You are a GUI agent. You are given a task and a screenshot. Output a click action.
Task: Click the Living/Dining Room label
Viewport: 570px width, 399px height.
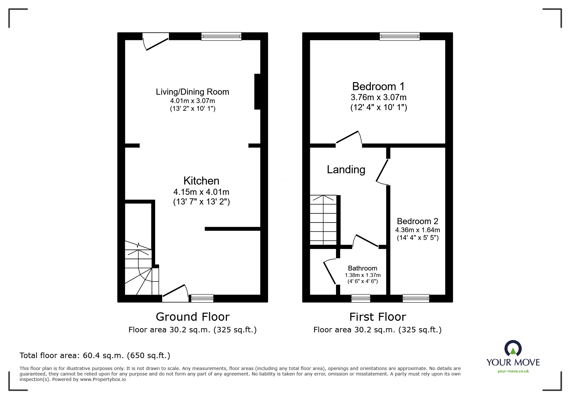tap(192, 92)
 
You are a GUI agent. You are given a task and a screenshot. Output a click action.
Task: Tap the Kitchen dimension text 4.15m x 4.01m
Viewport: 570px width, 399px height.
tap(201, 192)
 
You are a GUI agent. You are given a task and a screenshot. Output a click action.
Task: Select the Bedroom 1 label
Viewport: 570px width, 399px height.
tap(378, 86)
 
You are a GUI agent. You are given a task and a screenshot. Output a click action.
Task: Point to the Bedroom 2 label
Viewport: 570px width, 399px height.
tap(417, 221)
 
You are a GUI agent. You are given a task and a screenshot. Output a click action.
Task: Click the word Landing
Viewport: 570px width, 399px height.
tap(346, 170)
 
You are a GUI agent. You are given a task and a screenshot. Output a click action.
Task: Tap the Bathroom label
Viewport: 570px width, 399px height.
tap(362, 268)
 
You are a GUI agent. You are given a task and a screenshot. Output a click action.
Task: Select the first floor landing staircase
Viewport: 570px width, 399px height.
tap(323, 220)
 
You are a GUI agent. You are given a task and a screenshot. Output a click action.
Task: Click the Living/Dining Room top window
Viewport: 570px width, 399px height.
tap(221, 36)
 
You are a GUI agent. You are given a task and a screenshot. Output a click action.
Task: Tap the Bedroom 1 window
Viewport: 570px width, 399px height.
tap(399, 36)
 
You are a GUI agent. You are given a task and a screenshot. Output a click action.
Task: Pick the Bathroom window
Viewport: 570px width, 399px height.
tap(360, 299)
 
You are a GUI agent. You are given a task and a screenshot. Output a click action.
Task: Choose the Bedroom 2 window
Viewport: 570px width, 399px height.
tap(416, 299)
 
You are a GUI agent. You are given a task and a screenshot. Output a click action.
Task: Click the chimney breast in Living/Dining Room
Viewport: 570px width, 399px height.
tap(257, 92)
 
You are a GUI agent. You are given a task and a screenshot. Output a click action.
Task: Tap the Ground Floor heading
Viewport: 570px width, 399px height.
tap(192, 317)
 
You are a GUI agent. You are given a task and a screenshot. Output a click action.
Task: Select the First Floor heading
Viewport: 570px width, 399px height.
tap(378, 317)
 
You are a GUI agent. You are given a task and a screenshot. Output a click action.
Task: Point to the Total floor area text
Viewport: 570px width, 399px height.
tap(95, 356)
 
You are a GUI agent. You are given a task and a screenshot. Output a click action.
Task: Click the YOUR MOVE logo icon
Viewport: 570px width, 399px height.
tap(513, 348)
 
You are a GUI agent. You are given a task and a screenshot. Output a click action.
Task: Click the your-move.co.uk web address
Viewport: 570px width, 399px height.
tap(513, 371)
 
